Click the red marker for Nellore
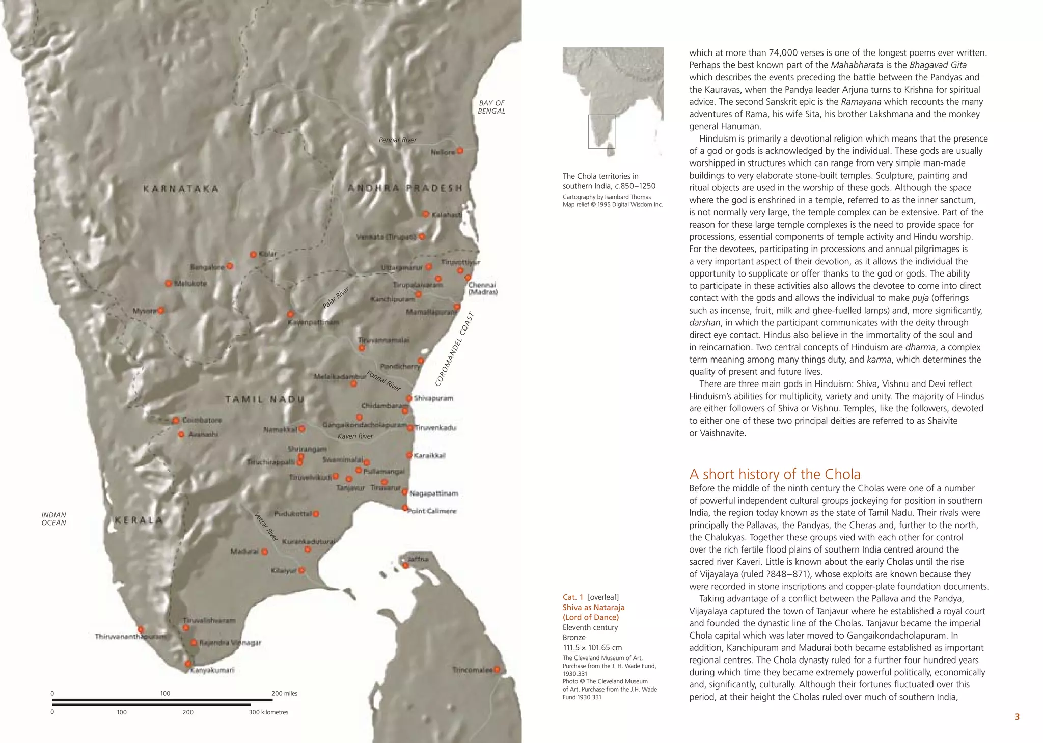(x=460, y=151)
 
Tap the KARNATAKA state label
(x=181, y=189)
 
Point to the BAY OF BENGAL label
(x=491, y=107)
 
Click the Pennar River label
(x=397, y=140)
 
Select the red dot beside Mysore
(x=161, y=310)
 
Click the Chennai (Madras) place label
(x=482, y=288)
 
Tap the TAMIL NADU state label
(x=264, y=399)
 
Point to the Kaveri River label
(x=355, y=436)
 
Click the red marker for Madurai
(x=264, y=552)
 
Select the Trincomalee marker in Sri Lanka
(x=497, y=670)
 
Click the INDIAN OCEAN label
(x=53, y=519)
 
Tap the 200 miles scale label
(x=284, y=693)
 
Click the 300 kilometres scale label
(x=268, y=712)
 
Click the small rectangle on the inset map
(x=601, y=131)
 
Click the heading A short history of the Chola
(x=775, y=474)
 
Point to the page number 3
(x=1017, y=717)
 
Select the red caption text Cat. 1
(x=573, y=597)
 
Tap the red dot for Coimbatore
(x=176, y=421)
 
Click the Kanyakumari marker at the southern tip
(x=188, y=664)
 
